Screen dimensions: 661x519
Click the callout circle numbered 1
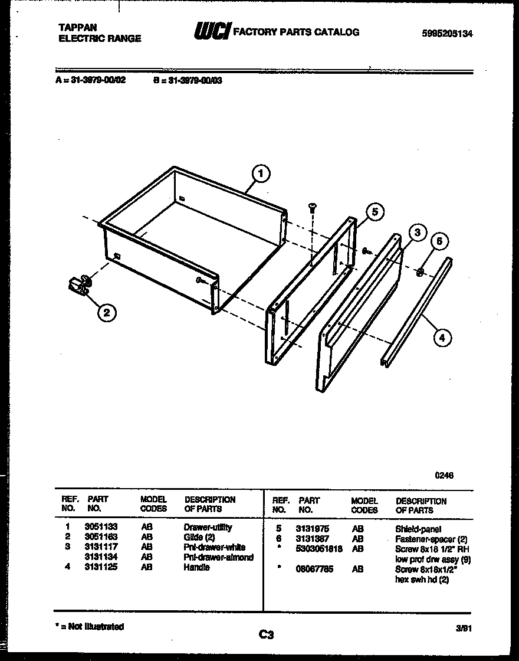[x=261, y=174]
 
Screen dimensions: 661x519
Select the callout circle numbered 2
[x=106, y=313]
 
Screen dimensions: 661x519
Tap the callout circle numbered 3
[x=416, y=233]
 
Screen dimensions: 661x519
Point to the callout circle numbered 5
[x=374, y=212]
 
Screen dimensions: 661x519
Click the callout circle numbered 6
[x=439, y=241]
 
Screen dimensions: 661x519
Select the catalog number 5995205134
[x=448, y=34]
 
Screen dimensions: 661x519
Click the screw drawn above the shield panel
[x=312, y=208]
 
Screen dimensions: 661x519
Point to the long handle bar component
[x=416, y=313]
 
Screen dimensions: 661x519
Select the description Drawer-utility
[x=208, y=527]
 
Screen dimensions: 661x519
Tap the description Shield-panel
[x=418, y=529]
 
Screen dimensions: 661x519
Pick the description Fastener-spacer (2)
[x=431, y=539]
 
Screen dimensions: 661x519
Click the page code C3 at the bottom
[x=266, y=635]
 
